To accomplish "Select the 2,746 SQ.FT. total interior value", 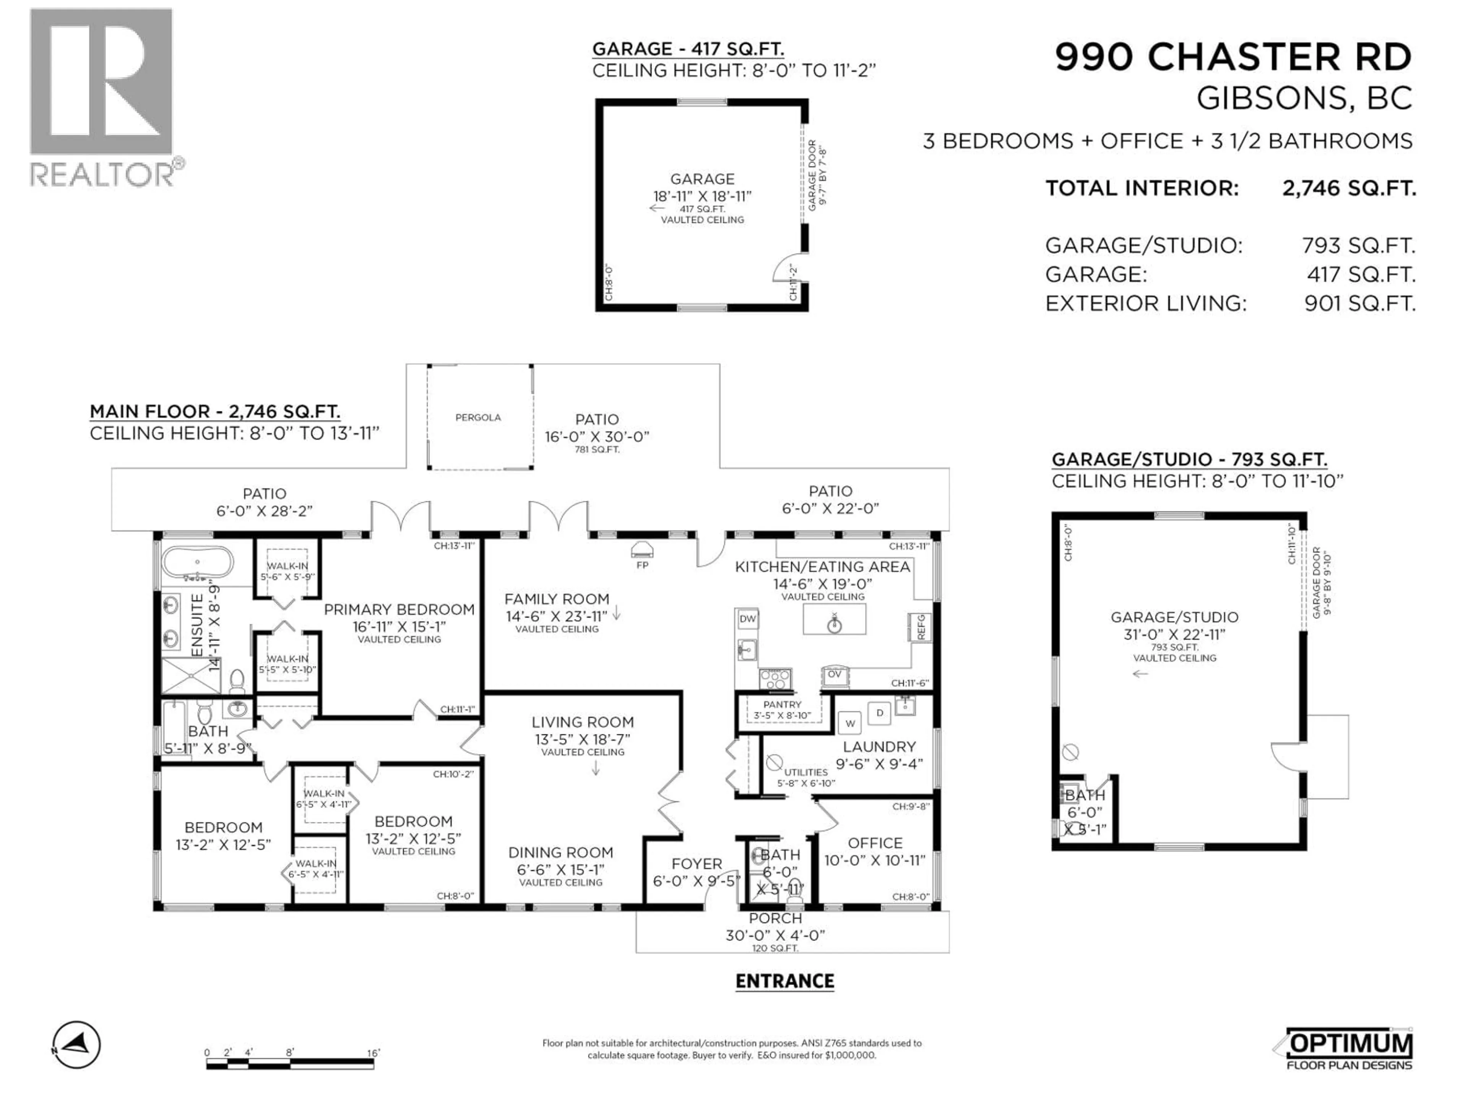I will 1349,188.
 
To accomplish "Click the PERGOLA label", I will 478,417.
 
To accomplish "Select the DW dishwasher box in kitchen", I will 748,619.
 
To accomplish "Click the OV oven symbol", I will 834,675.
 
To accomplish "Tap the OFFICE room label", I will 875,843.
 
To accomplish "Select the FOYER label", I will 696,864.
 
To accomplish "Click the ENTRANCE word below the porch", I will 784,981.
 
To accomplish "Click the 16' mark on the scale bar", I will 373,1052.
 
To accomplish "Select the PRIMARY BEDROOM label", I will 399,609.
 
